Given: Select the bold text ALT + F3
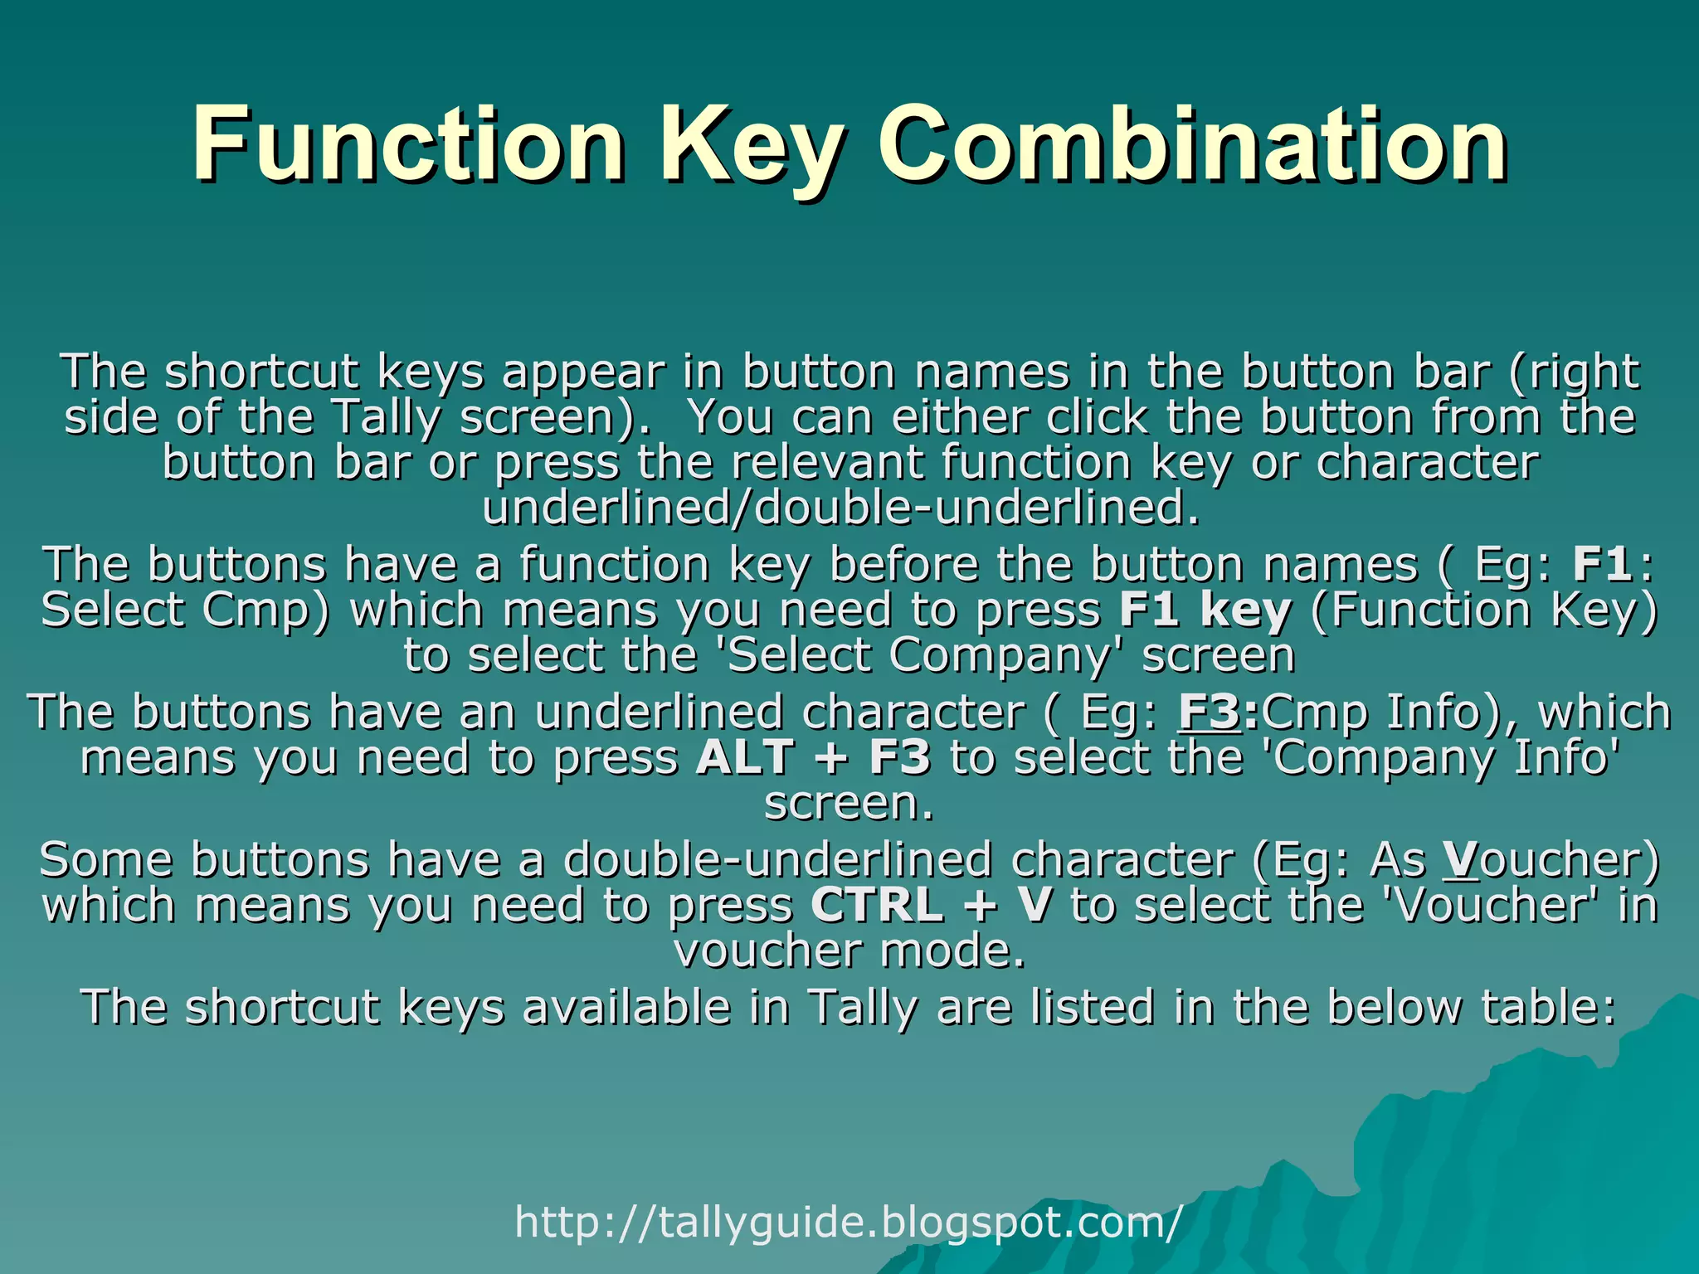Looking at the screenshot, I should (x=813, y=757).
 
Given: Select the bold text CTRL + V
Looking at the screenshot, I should (x=931, y=904).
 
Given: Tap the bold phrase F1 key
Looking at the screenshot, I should (x=1205, y=610).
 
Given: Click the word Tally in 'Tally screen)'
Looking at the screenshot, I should (x=387, y=417).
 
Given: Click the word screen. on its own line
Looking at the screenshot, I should (x=849, y=803).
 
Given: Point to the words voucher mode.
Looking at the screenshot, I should (x=849, y=951).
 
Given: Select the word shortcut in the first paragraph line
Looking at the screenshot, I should (x=261, y=372).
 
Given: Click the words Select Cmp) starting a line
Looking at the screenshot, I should (x=184, y=610).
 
